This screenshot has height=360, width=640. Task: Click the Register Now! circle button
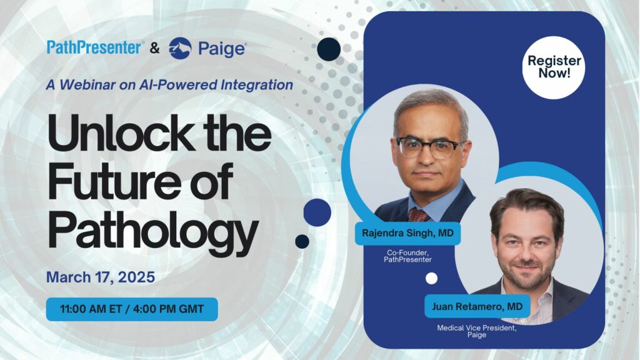[554, 67]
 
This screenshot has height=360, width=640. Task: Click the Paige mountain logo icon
[180, 48]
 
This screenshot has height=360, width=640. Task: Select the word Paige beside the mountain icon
[221, 49]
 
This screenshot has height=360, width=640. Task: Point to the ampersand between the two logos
[155, 48]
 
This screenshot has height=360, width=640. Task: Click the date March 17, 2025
[101, 277]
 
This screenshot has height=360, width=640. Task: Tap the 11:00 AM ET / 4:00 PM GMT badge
[132, 309]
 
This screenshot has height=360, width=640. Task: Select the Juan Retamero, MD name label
[477, 306]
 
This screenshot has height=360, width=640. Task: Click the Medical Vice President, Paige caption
[477, 331]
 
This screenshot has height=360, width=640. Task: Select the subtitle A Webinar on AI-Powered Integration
[169, 84]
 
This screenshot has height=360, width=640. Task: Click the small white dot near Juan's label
[431, 278]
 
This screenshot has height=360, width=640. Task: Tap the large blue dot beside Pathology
[317, 212]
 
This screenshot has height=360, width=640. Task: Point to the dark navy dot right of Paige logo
[329, 49]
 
